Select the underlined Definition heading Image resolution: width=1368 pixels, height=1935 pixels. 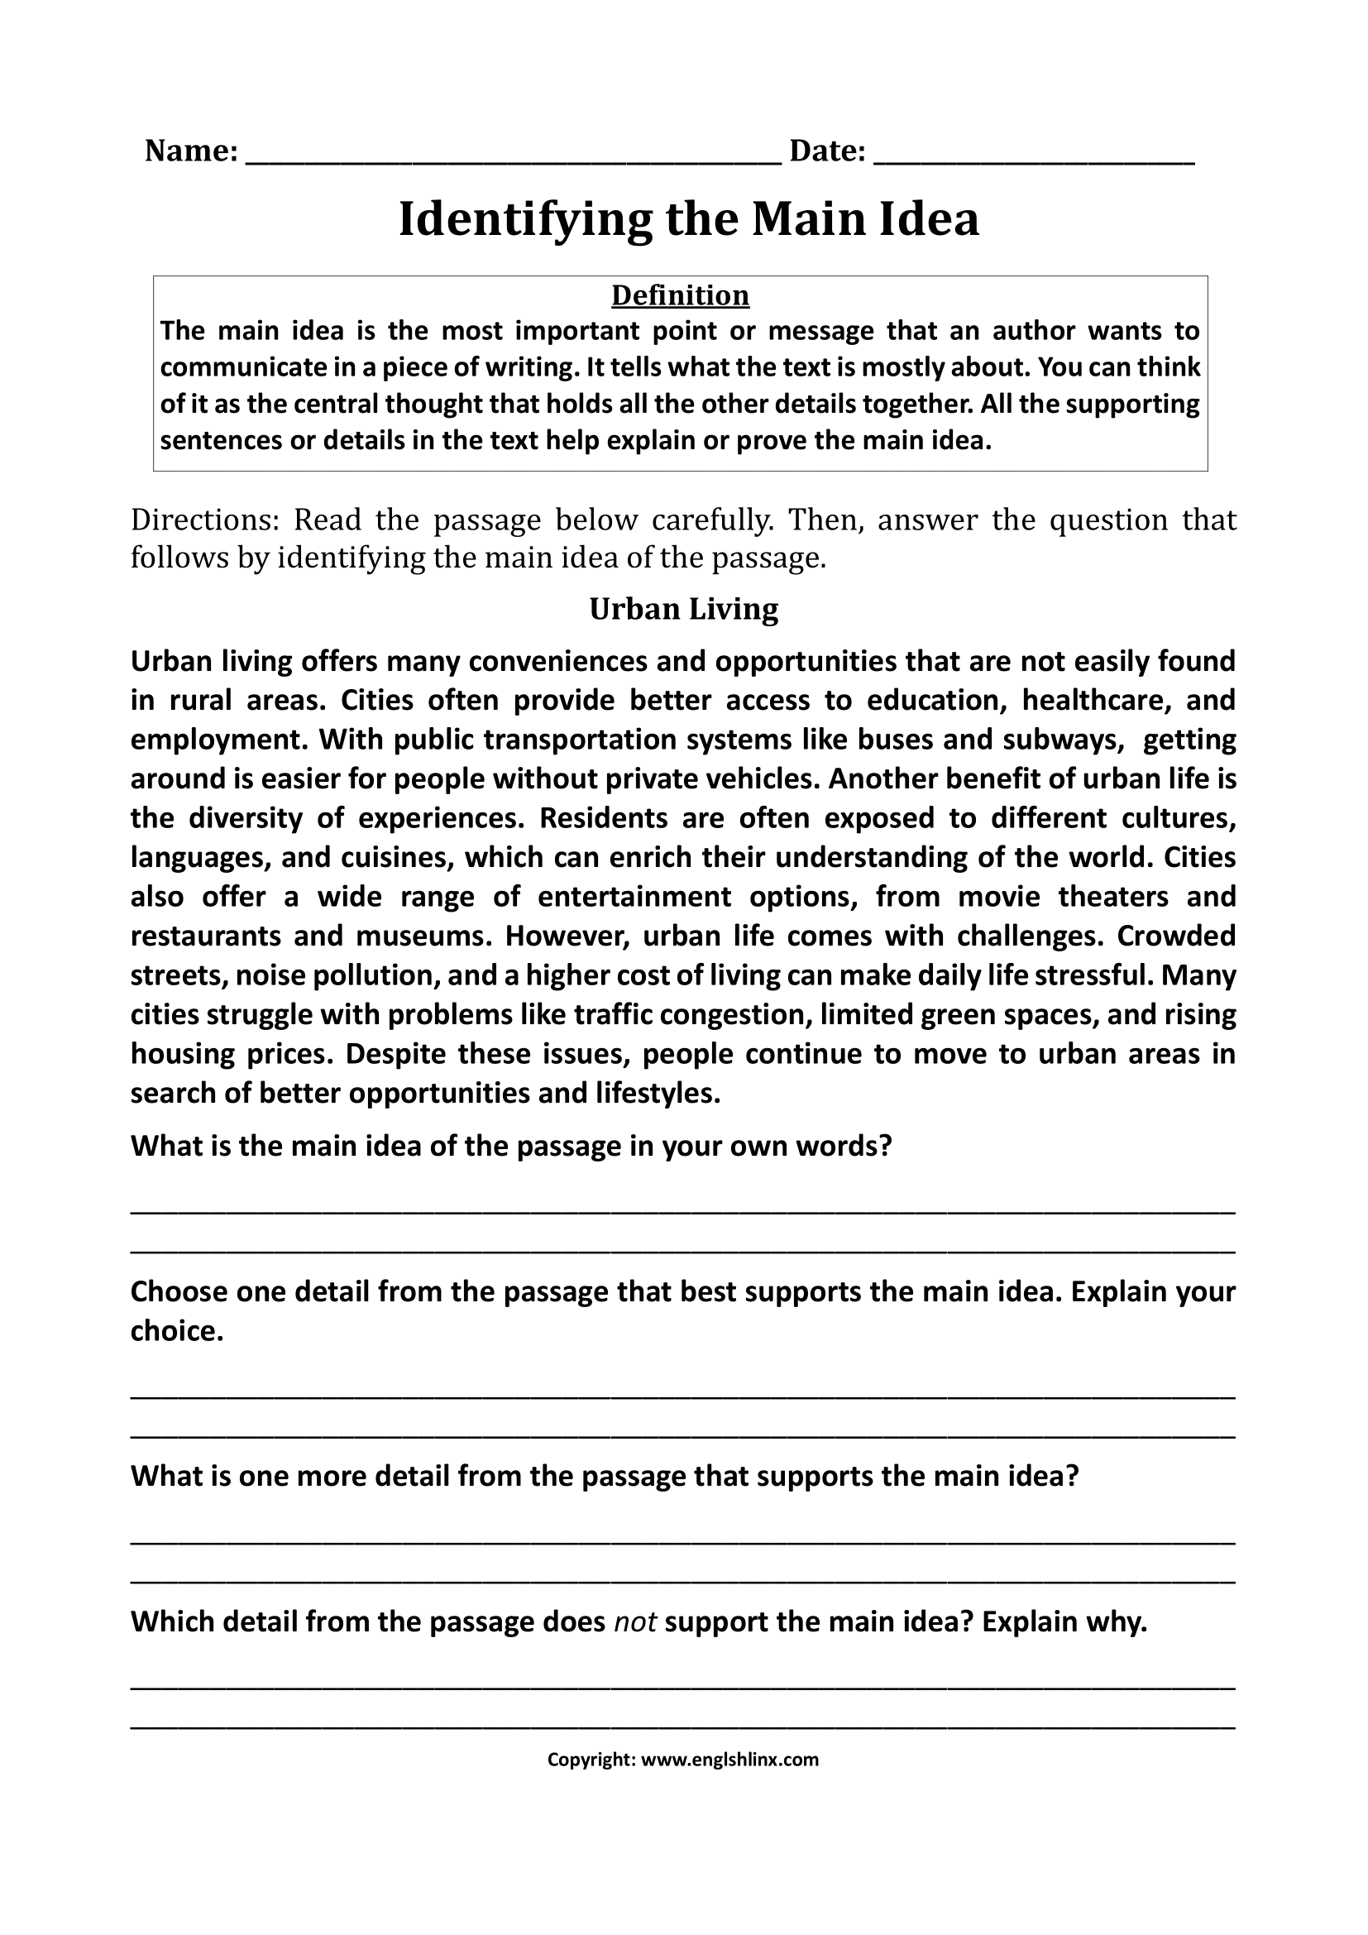coord(680,295)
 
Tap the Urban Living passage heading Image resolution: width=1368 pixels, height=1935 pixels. coord(683,609)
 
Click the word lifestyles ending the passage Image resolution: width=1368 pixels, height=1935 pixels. coord(658,1093)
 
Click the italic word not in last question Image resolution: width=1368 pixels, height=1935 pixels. coord(635,1621)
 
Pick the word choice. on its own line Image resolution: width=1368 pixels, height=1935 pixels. coord(177,1331)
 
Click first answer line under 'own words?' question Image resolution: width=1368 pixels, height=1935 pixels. coord(682,1210)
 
